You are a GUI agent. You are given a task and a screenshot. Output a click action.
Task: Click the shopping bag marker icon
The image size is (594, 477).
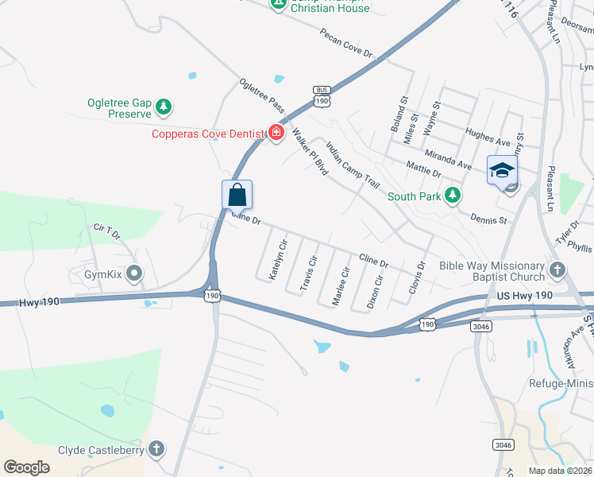pos(237,194)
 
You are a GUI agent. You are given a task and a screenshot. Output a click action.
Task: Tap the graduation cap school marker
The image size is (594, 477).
pos(502,170)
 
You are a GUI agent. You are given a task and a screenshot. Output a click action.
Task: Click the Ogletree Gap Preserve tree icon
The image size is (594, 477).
pos(164,106)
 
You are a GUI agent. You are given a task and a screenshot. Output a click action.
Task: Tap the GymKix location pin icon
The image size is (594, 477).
pos(133,275)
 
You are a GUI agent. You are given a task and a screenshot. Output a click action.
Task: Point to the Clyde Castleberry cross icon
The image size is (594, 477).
pos(156,449)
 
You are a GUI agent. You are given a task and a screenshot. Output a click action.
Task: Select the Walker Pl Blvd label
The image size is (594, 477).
pos(310,150)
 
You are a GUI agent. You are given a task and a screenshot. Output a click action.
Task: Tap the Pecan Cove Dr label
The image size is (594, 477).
pos(346,42)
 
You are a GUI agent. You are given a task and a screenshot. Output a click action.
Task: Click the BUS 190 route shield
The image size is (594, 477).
pos(322,96)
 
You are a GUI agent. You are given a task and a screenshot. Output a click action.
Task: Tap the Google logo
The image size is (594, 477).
pos(27,467)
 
